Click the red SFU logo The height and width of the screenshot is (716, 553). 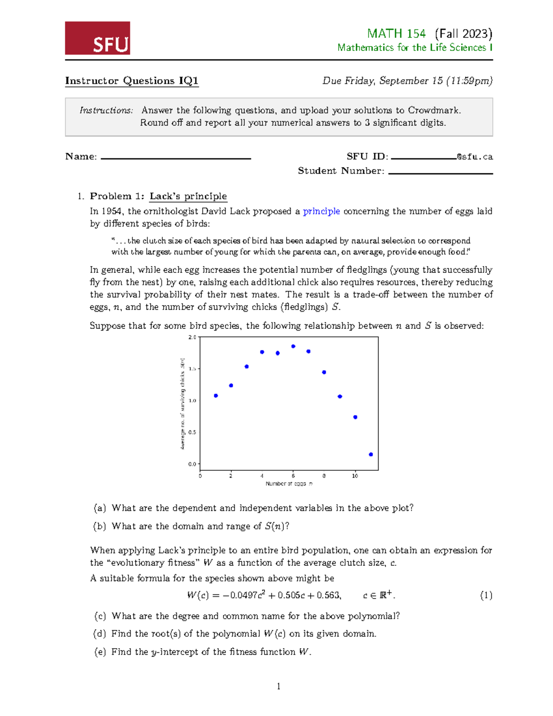pos(97,38)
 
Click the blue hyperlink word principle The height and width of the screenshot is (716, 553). pos(321,211)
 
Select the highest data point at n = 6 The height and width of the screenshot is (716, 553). pos(293,346)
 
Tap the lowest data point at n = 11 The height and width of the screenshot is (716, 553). pos(371,455)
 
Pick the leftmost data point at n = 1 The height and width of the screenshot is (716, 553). pos(216,396)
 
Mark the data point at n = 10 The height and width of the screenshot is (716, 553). pos(355,417)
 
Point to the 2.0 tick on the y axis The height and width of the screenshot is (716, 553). pos(192,337)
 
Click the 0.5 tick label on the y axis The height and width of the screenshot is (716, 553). pos(192,432)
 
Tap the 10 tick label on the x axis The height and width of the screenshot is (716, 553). pos(355,476)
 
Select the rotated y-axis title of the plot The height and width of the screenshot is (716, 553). pos(182,403)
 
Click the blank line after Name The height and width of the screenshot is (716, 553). pos(176,158)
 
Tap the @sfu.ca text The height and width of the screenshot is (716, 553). pos(475,157)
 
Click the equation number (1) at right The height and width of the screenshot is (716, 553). pos(486,595)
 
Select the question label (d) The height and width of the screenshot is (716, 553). pos(100,633)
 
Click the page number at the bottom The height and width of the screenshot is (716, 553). pos(278,686)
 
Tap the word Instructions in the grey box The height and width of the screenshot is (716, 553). pos(106,110)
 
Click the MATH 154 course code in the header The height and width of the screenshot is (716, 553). pos(396,34)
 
